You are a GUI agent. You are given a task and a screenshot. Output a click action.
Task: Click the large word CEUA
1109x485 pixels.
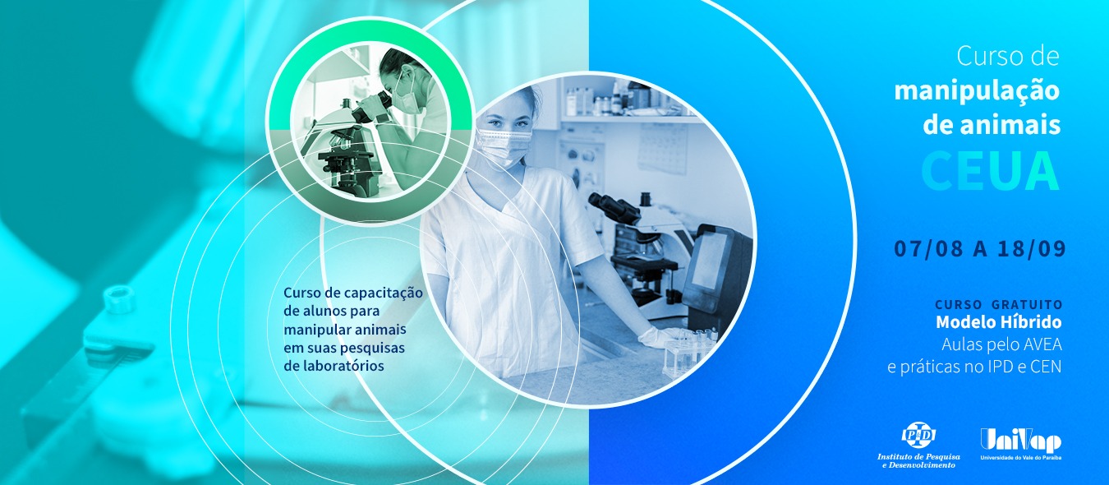coord(990,170)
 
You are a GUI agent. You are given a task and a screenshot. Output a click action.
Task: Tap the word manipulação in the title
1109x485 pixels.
coord(977,91)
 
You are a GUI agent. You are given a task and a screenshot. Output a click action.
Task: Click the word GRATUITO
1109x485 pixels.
coord(1025,304)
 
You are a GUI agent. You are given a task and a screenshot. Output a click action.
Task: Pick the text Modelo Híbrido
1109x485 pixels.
coord(999,322)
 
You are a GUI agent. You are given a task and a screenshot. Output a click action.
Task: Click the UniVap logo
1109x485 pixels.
coord(1021,443)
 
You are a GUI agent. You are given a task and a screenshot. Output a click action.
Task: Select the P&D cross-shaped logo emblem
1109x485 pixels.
coord(918,436)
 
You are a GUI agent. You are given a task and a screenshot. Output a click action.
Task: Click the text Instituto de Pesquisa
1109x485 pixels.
coord(918,456)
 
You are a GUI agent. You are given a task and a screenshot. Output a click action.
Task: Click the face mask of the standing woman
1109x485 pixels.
coord(504,146)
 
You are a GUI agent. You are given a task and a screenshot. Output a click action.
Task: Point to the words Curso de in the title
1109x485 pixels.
coord(1007,56)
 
